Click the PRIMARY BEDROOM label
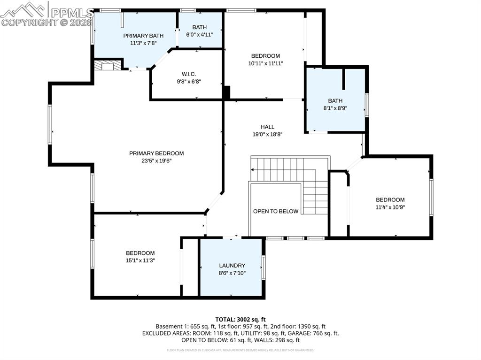pos(156,153)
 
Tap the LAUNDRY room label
pos(232,265)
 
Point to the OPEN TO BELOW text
pos(276,211)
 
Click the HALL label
pos(268,127)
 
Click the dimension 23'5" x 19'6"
pos(156,161)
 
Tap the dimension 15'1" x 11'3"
pos(140,260)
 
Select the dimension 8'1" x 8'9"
pos(335,107)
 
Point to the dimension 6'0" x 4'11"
pos(199,34)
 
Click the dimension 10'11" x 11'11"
pos(265,63)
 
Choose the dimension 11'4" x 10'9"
pos(390,207)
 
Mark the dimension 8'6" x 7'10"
pos(232,273)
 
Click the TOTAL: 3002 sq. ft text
pos(240,319)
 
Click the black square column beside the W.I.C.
pos(226,92)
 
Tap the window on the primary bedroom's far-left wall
pos(49,124)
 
